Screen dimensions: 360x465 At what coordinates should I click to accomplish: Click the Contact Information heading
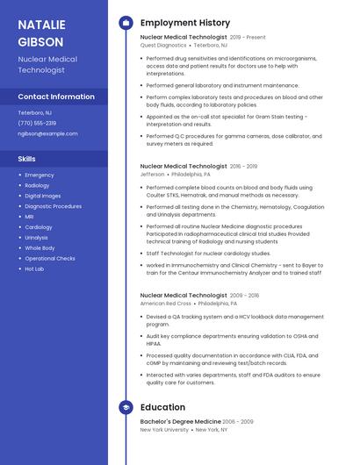[x=56, y=97]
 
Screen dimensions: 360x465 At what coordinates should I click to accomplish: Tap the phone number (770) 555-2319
[x=37, y=123]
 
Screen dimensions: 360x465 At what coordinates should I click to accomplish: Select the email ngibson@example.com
[x=47, y=133]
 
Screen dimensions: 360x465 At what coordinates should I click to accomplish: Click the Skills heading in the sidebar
[x=27, y=159]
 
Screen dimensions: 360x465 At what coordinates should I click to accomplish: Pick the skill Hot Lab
[x=34, y=268]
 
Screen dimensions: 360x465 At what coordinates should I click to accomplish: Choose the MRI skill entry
[x=29, y=216]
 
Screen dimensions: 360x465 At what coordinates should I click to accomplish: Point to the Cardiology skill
[x=38, y=226]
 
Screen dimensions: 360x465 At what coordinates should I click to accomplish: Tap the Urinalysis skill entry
[x=37, y=237]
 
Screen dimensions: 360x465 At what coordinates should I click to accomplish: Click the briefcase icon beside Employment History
[x=126, y=23]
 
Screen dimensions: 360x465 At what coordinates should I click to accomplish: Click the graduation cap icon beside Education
[x=126, y=407]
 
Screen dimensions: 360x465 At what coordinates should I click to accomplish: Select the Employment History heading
[x=185, y=23]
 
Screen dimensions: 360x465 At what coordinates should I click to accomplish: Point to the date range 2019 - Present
[x=248, y=38]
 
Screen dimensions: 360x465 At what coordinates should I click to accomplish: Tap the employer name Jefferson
[x=152, y=174]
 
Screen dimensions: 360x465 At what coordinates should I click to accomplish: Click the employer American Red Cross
[x=165, y=303]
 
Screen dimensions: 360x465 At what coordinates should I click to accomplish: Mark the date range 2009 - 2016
[x=245, y=296]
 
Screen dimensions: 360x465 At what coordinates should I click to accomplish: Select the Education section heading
[x=162, y=407]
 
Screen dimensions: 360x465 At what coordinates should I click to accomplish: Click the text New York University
[x=164, y=430]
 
